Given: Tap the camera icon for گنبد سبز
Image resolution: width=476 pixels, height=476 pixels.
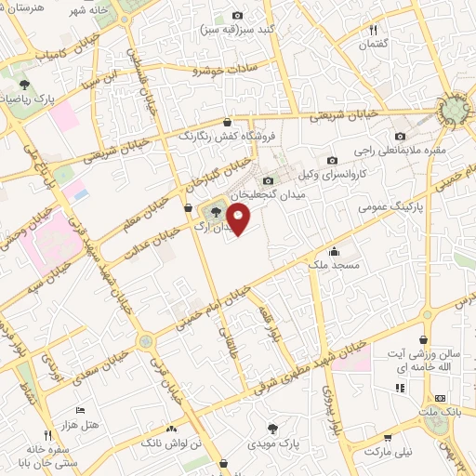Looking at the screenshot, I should point(237,15).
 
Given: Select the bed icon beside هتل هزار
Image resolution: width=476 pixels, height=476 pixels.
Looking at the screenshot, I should point(81,409).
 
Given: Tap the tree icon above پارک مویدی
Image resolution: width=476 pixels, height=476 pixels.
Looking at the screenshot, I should point(272,429).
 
